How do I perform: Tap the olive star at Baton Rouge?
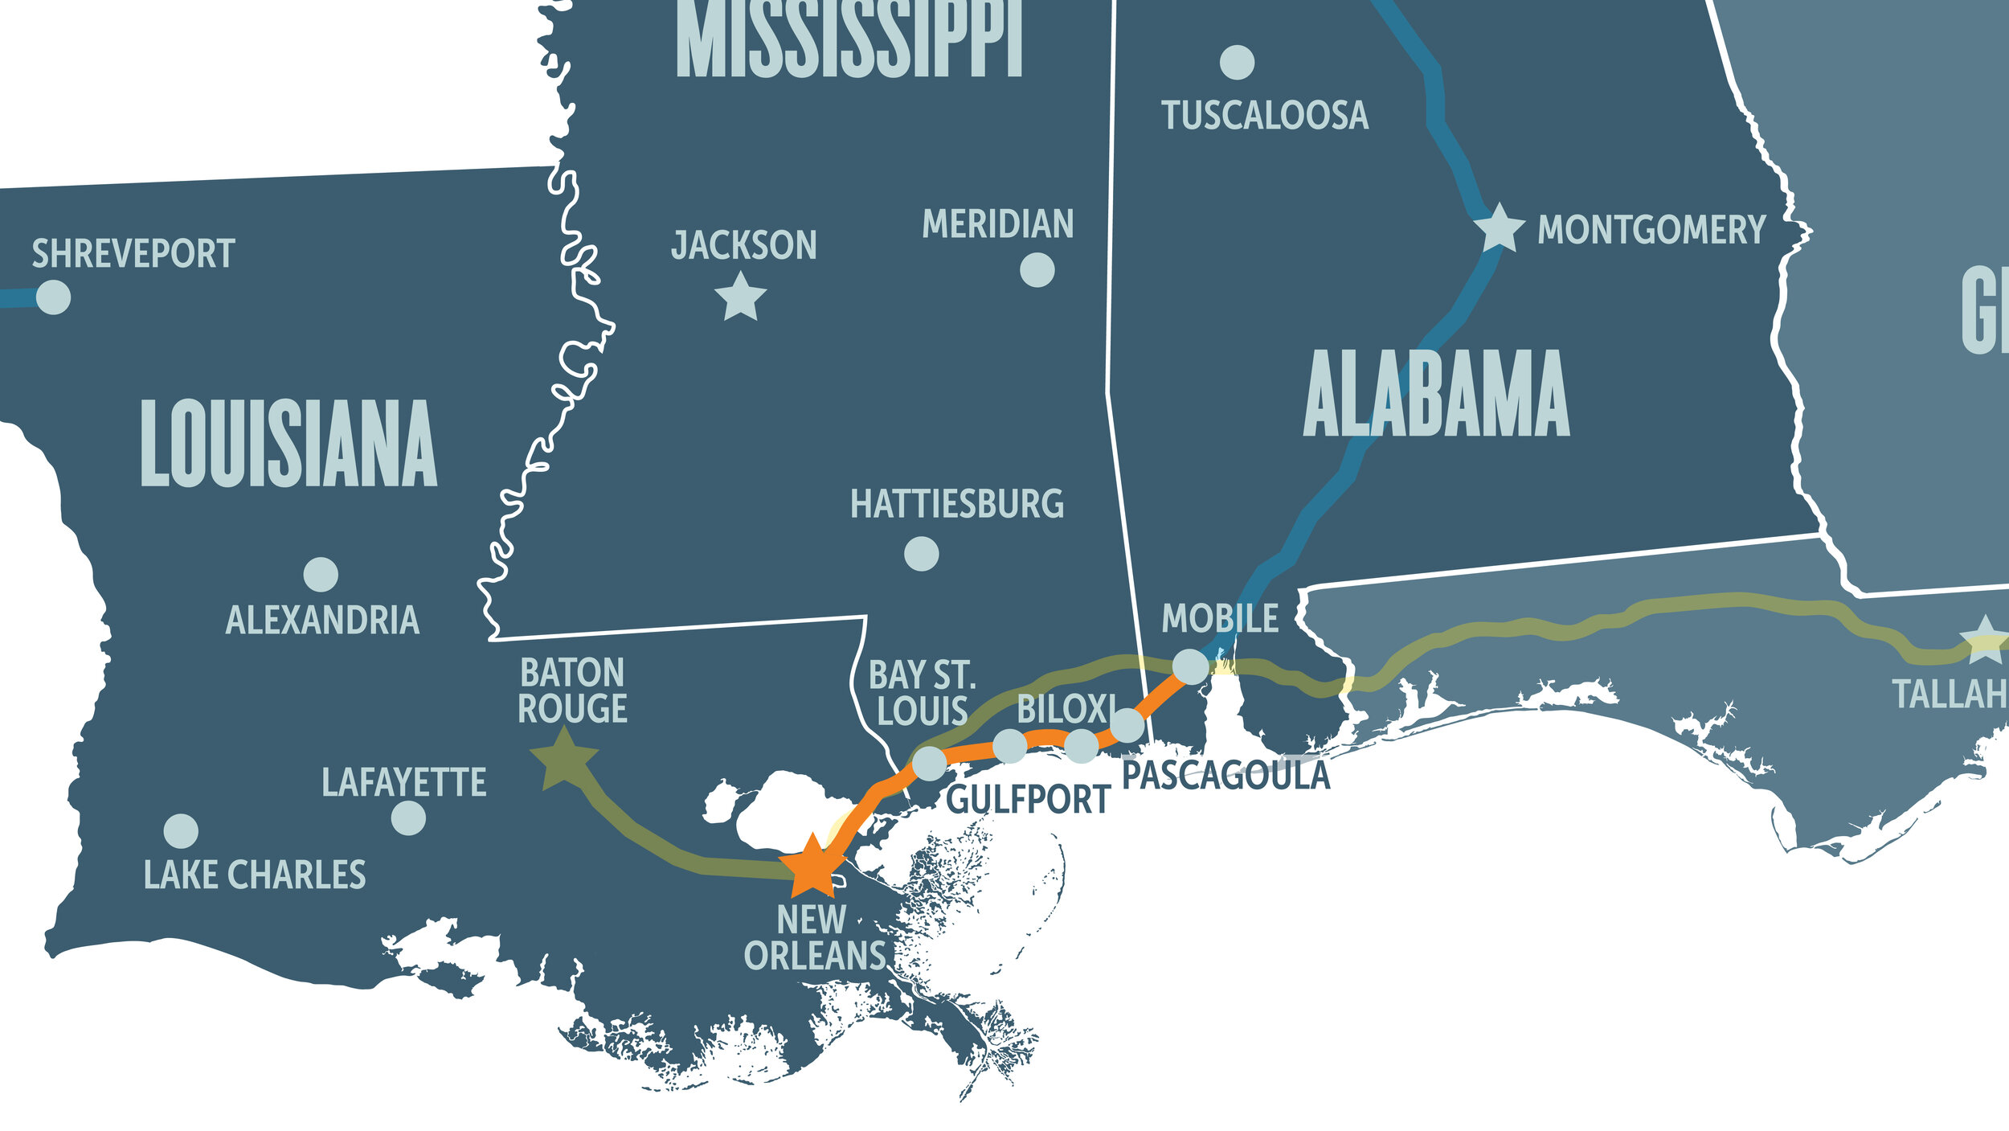[x=564, y=759]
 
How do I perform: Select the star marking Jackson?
[x=740, y=297]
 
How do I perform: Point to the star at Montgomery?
[x=1500, y=228]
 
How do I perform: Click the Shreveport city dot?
[x=54, y=297]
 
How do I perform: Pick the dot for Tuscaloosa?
[x=1237, y=62]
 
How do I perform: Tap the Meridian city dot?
[x=1037, y=270]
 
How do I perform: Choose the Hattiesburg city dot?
[x=921, y=553]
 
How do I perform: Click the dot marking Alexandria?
[x=321, y=574]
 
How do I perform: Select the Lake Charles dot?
[x=181, y=831]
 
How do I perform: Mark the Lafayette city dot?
[x=408, y=818]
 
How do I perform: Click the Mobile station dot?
[x=1190, y=666]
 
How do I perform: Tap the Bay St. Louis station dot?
[x=929, y=763]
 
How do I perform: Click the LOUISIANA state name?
[x=288, y=444]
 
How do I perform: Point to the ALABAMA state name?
[x=1436, y=395]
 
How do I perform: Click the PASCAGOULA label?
[x=1225, y=776]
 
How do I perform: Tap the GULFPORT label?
[x=1028, y=801]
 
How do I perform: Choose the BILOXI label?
[x=1066, y=709]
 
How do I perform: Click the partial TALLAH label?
[x=1950, y=695]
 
